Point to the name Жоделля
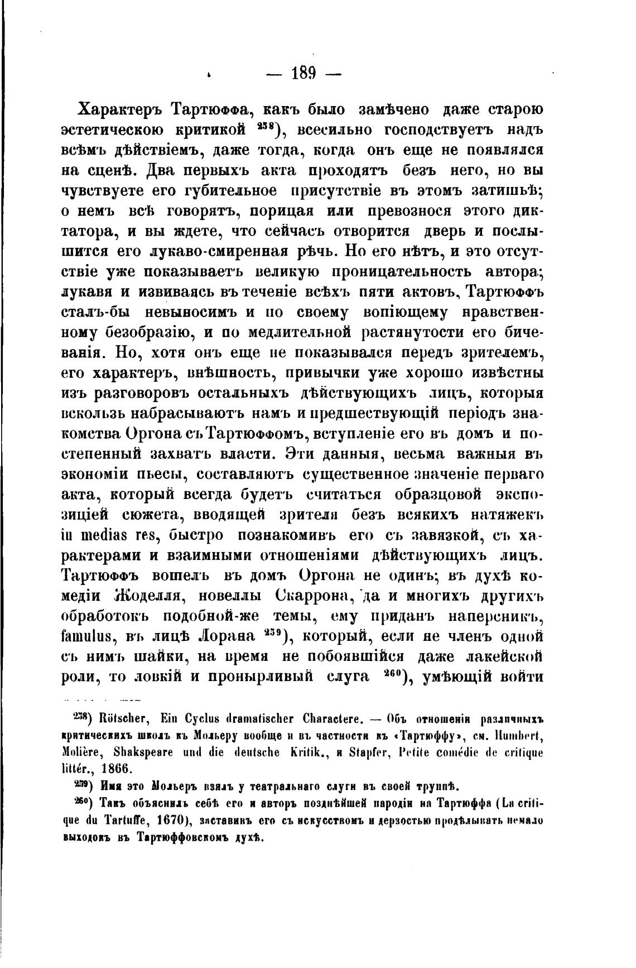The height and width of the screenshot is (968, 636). pyautogui.click(x=149, y=596)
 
